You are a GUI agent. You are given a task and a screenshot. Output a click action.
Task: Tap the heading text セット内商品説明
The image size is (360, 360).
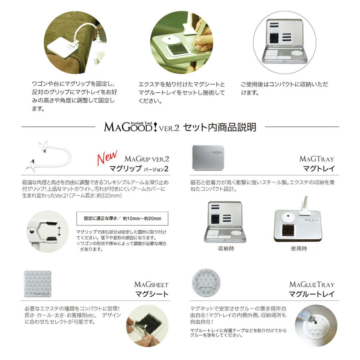(220, 127)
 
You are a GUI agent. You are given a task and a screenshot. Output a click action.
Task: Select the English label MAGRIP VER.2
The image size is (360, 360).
(147, 159)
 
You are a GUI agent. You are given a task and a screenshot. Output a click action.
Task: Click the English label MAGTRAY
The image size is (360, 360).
(316, 159)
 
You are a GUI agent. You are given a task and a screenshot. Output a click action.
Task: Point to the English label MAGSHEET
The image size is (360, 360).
(151, 284)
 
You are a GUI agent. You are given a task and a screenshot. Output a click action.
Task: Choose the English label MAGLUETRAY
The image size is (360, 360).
(311, 284)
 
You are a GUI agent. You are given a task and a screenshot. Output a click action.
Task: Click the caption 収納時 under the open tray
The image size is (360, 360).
(226, 248)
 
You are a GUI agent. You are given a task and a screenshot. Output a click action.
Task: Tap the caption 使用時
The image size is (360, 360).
(299, 248)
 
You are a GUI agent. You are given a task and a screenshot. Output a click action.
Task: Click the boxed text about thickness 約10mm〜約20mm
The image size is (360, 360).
(122, 218)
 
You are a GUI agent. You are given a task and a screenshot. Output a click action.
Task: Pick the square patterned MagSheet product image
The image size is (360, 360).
(37, 284)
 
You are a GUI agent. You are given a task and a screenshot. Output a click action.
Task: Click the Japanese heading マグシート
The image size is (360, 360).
(152, 294)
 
